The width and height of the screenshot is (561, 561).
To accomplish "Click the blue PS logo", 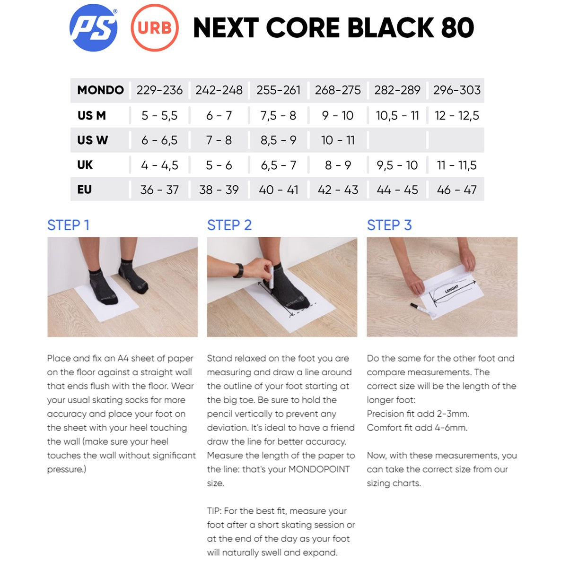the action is pyautogui.click(x=94, y=27).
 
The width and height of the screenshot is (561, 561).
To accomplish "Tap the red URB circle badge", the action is pyautogui.click(x=155, y=27).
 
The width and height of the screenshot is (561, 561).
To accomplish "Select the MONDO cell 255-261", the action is pyautogui.click(x=278, y=90).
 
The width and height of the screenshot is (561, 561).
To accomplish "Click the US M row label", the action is pyautogui.click(x=92, y=116).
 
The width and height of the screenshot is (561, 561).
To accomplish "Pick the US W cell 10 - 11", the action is pyautogui.click(x=338, y=140).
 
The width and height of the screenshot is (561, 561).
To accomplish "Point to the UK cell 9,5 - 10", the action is pyautogui.click(x=397, y=165).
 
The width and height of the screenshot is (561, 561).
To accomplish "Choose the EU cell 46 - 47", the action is pyautogui.click(x=456, y=190).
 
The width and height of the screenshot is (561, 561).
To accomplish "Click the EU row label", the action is pyautogui.click(x=85, y=190).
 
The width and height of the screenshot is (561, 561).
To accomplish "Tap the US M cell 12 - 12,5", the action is pyautogui.click(x=456, y=116).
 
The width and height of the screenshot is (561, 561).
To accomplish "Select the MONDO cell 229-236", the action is pyautogui.click(x=159, y=90).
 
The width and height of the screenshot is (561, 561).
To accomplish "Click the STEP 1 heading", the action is pyautogui.click(x=68, y=225).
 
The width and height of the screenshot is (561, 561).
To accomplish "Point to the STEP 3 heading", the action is pyautogui.click(x=389, y=225).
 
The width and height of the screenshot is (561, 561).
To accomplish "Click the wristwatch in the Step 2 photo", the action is pyautogui.click(x=238, y=270).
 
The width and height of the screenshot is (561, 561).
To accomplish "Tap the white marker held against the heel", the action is pyautogui.click(x=272, y=276).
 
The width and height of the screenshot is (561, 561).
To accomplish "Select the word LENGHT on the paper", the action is pyautogui.click(x=451, y=289).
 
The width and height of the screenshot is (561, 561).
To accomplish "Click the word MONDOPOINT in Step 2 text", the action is pyautogui.click(x=319, y=469).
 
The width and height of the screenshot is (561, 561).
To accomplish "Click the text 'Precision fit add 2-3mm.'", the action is pyautogui.click(x=418, y=414).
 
